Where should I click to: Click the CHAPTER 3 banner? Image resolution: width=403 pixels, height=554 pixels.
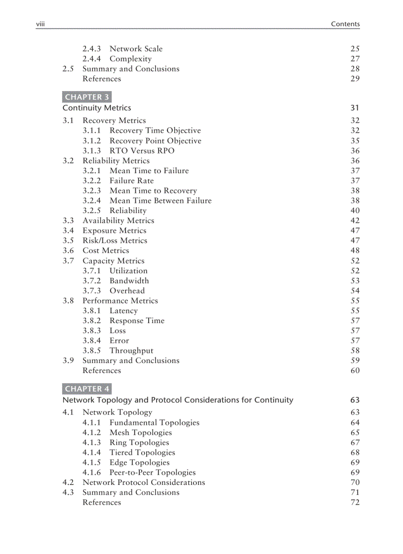click(87, 97)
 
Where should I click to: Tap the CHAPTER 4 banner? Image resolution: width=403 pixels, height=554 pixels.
click(87, 389)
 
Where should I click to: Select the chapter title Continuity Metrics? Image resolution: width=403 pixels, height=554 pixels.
click(97, 108)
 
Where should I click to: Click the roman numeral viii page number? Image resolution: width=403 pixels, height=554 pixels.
click(40, 24)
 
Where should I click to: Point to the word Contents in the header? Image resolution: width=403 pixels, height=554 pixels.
click(345, 24)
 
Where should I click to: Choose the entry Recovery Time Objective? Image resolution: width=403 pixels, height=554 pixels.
click(155, 131)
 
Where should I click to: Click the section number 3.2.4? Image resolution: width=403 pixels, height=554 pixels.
click(91, 201)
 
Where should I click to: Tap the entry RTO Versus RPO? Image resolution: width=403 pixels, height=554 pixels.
click(142, 151)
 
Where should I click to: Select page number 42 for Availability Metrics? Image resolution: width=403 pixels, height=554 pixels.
click(355, 221)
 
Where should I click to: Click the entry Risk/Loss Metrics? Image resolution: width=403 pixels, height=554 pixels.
click(115, 241)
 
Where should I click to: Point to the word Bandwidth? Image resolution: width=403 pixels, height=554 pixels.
click(129, 281)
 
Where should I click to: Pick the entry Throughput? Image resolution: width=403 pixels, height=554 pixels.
click(131, 351)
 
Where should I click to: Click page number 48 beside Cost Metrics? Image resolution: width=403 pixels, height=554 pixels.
click(355, 251)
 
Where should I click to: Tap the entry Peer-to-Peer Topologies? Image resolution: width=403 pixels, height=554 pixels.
click(153, 473)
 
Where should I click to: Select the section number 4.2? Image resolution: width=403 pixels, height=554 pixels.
click(68, 482)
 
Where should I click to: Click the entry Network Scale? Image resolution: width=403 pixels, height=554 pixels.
click(136, 49)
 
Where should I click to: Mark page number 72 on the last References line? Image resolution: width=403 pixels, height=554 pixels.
click(355, 503)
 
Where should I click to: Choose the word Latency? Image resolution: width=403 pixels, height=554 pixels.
click(123, 311)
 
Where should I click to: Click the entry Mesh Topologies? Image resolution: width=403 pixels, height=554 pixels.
click(141, 433)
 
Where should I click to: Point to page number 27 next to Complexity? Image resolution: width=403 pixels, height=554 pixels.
click(355, 59)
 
